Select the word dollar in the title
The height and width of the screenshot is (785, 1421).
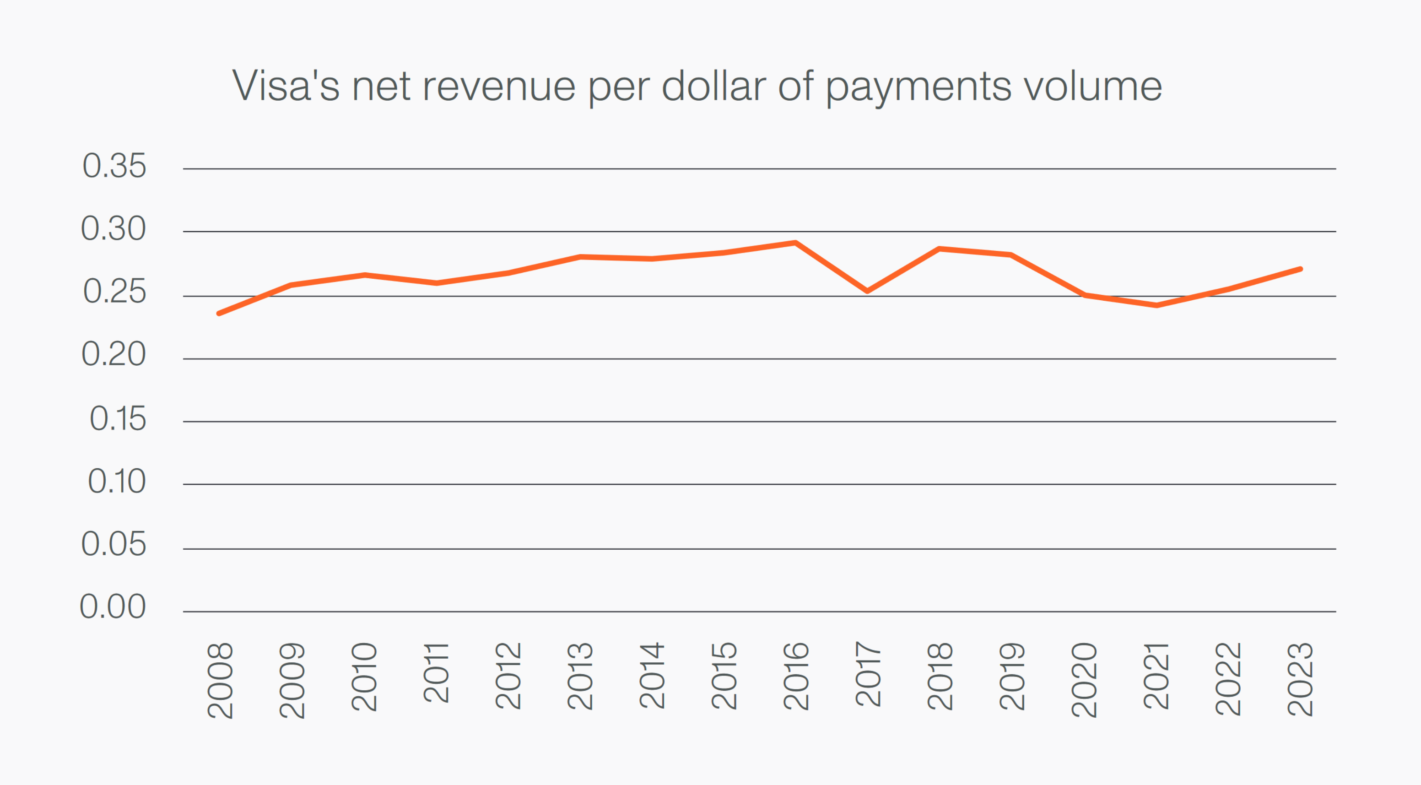point(714,86)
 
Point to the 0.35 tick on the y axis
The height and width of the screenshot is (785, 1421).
point(114,166)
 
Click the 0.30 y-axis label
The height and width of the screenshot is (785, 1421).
point(113,229)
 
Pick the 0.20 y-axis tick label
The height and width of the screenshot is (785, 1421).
point(113,354)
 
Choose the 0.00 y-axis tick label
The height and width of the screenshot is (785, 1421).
point(113,607)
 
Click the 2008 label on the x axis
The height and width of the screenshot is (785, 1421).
point(220,680)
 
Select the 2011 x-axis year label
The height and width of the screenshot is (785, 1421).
point(436,673)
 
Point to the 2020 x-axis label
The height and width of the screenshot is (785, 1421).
point(1083,680)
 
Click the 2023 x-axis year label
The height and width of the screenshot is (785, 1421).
point(1300,679)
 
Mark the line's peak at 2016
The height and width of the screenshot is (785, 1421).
point(795,243)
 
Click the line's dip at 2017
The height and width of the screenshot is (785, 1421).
point(867,291)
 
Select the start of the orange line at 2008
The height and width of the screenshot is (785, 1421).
point(220,314)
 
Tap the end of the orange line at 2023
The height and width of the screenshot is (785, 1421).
point(1300,269)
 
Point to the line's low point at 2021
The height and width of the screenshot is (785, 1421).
point(1156,305)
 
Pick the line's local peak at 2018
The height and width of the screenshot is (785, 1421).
point(940,249)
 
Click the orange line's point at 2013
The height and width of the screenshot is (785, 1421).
point(580,256)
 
